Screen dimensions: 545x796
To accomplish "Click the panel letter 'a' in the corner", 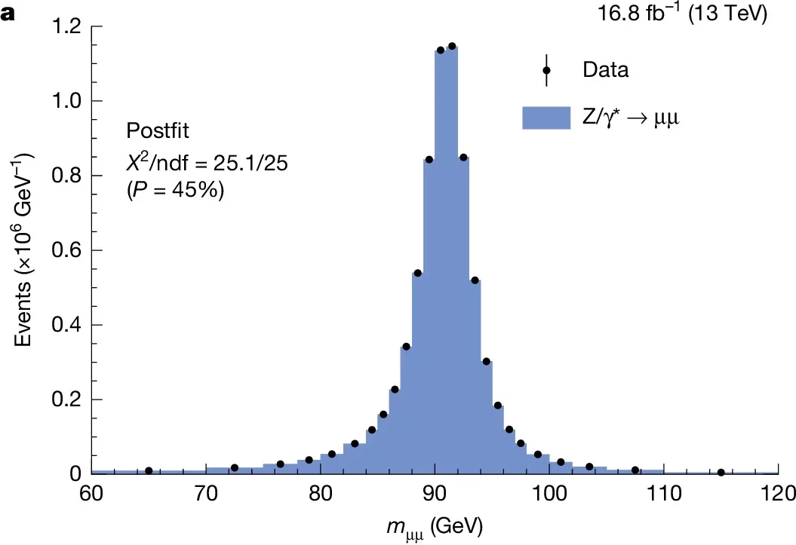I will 8,14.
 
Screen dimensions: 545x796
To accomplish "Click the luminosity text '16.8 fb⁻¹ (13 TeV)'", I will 690,13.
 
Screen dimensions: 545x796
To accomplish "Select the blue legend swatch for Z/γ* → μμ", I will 546,118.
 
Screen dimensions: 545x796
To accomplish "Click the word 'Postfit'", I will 158,131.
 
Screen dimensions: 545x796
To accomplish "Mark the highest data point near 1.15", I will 451,46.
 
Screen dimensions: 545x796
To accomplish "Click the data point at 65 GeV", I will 149,470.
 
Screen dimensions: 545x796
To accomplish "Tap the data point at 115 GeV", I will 721,473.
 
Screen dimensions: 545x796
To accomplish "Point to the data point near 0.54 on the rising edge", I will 417,273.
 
